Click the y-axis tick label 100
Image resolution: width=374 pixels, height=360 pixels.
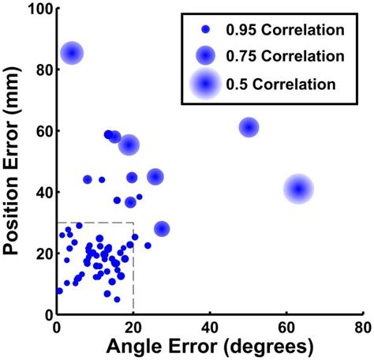pyautogui.click(x=36, y=9)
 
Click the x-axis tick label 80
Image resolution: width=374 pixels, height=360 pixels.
pyautogui.click(x=362, y=325)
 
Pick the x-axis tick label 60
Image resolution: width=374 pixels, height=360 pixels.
pyautogui.click(x=286, y=325)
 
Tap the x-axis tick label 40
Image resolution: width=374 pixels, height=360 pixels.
pyautogui.click(x=209, y=325)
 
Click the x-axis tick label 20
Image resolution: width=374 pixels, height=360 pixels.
pyautogui.click(x=133, y=325)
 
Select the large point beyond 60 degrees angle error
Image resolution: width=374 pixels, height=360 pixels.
pyautogui.click(x=298, y=189)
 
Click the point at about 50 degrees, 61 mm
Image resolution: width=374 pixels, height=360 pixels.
pyautogui.click(x=249, y=127)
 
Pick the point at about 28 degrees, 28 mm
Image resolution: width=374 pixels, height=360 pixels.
pyautogui.click(x=162, y=229)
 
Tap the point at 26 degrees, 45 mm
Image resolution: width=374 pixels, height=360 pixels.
pyautogui.click(x=155, y=177)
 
